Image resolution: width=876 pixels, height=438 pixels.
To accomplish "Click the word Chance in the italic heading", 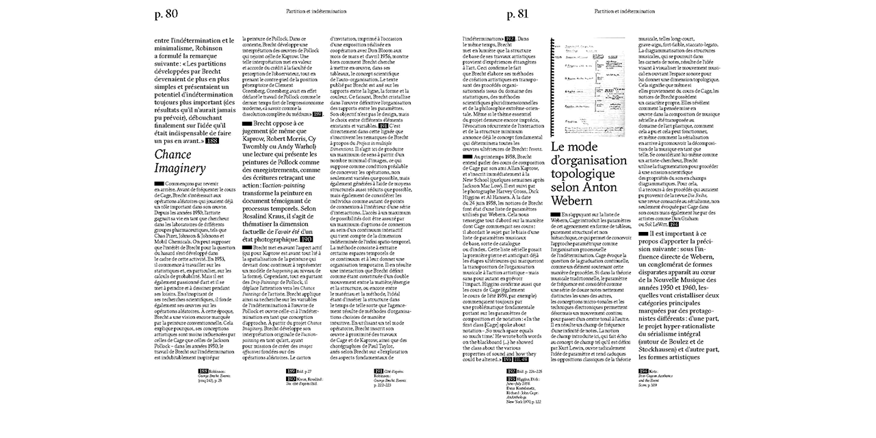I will [172, 155].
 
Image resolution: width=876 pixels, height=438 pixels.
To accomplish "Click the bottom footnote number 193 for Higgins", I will [512, 378].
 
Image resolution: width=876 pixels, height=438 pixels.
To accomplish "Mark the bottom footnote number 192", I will [512, 370].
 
